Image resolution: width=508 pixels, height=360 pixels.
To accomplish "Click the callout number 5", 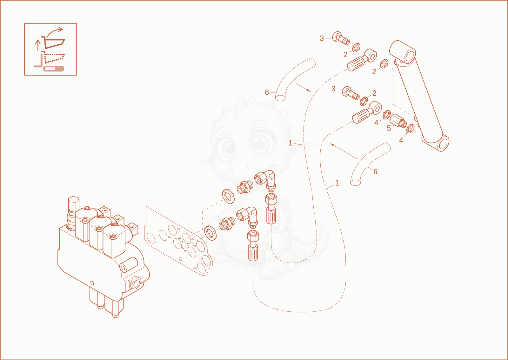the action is click(x=389, y=128).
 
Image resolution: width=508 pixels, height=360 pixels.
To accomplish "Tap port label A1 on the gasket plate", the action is click(x=178, y=229).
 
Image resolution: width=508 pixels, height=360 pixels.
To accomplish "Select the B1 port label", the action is click(x=170, y=237).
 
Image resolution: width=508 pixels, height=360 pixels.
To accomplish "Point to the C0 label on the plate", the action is click(x=195, y=269).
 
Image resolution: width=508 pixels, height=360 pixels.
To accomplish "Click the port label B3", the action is click(x=185, y=250).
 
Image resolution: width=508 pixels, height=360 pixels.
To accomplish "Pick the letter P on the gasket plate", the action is click(x=157, y=243).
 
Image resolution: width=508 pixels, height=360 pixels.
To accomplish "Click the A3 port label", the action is click(x=194, y=246).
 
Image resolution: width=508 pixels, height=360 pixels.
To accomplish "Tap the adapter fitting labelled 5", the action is click(x=398, y=121).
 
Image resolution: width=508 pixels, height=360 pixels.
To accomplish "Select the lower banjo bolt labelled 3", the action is click(x=351, y=93).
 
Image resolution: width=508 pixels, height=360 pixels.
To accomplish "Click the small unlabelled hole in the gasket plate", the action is click(x=181, y=259).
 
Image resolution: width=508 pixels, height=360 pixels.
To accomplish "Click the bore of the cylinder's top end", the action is click(x=409, y=56).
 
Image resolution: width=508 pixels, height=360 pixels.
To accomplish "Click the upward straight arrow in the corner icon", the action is click(x=38, y=45).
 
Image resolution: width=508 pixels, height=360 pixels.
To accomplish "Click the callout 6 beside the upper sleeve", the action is click(x=267, y=92).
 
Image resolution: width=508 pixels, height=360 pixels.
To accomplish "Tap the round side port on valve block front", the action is click(x=137, y=283).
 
